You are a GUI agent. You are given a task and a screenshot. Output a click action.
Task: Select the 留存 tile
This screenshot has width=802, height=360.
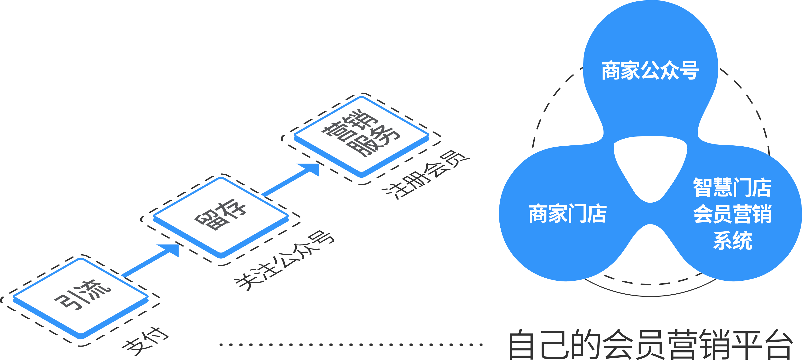click(x=221, y=216)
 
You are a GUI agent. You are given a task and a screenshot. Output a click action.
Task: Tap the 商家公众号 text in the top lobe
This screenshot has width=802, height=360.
click(x=650, y=71)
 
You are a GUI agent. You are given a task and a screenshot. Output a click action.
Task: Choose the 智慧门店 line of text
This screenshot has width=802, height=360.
click(x=732, y=188)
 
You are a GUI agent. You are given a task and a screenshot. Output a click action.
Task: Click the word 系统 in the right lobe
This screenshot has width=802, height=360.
click(x=733, y=240)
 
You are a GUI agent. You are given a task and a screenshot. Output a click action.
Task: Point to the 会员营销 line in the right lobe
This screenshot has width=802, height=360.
click(x=732, y=214)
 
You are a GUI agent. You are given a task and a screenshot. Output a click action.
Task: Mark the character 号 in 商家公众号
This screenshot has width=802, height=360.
click(x=690, y=71)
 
